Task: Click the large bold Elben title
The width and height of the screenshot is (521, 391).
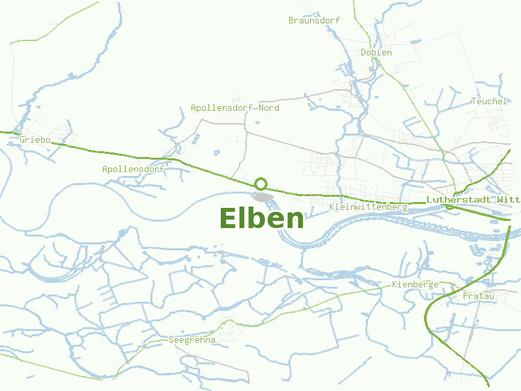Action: tap(262, 219)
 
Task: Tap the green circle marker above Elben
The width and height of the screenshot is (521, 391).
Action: tap(261, 184)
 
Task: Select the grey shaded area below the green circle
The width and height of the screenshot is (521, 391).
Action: tap(262, 197)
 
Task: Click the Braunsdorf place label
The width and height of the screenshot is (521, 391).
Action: tap(314, 20)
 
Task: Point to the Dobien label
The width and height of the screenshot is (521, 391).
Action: tap(376, 52)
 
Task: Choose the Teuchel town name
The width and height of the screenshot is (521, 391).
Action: tap(488, 101)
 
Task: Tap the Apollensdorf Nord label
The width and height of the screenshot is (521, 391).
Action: tap(234, 108)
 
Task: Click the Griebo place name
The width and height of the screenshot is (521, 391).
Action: tap(35, 139)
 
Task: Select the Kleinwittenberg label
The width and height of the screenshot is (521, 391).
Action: tap(369, 207)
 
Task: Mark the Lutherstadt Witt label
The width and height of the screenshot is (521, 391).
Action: tap(473, 199)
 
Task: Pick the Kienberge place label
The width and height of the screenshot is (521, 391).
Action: tap(415, 285)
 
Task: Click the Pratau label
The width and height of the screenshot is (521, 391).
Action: tap(479, 297)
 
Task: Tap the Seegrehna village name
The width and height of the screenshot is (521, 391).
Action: tap(191, 340)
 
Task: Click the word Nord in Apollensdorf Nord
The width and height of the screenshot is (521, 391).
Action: tap(269, 108)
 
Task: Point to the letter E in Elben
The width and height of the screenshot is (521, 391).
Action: tap(229, 219)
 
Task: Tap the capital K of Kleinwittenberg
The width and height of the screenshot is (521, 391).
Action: tap(333, 207)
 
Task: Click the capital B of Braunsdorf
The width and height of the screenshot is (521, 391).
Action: tap(291, 20)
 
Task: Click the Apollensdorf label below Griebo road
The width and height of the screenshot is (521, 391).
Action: tap(133, 169)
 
